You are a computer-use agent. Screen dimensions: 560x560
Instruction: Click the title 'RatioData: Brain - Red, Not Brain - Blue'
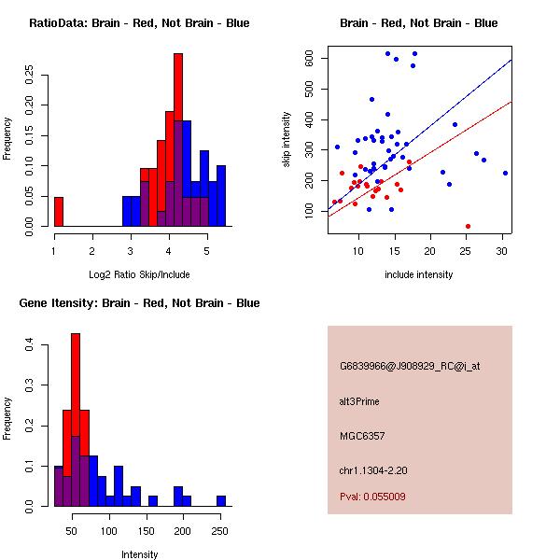[139, 23]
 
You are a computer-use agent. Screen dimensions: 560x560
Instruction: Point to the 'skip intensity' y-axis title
[287, 139]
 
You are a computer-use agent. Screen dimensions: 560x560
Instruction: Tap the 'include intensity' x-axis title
[419, 275]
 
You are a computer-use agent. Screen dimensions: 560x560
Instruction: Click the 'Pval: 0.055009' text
[372, 497]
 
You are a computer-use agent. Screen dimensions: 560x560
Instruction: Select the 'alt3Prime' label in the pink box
[359, 401]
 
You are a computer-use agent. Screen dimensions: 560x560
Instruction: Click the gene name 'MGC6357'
[361, 435]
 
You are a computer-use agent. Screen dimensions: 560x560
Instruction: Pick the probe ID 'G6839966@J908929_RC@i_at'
[410, 367]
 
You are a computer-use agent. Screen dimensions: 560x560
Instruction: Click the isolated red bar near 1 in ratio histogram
[59, 212]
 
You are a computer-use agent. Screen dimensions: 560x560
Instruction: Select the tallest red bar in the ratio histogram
[178, 140]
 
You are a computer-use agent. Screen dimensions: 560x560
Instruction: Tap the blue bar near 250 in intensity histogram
[221, 500]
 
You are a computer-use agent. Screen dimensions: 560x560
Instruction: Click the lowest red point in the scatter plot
[468, 226]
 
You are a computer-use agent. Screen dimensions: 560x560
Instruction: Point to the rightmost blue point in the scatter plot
[505, 173]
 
